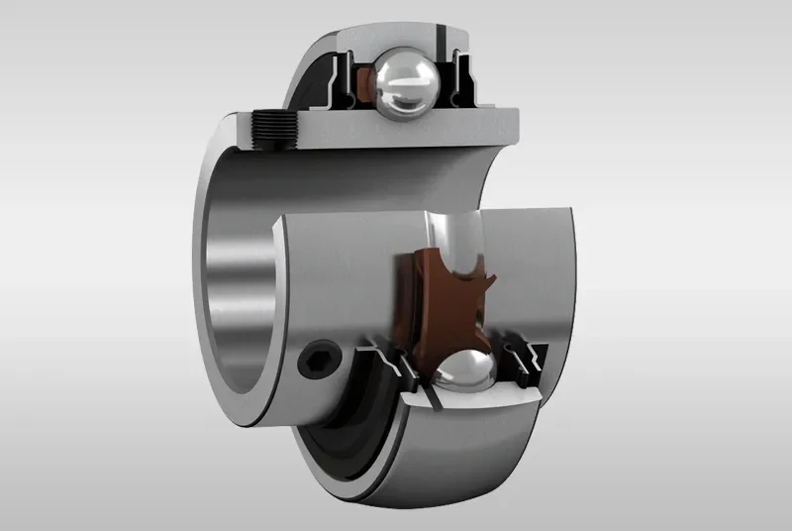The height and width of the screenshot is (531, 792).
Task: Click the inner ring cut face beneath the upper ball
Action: click(x=396, y=124)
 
